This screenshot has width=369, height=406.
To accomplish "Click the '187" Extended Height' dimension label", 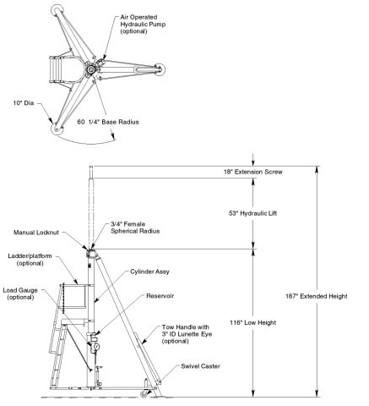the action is click(317, 296).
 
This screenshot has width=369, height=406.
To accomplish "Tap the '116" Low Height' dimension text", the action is click(252, 323).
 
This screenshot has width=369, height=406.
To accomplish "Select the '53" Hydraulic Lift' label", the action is click(252, 213).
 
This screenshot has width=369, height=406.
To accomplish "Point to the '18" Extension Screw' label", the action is click(253, 172).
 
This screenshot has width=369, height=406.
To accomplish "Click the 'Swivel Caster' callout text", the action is click(200, 366).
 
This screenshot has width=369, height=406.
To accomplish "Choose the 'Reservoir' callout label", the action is click(160, 296).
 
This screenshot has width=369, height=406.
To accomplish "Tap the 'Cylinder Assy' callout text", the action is click(149, 272).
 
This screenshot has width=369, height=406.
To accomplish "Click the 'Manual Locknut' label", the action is click(36, 233).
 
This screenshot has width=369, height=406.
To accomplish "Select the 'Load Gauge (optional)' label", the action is click(20, 294).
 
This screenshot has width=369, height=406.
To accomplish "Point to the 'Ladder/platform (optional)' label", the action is click(30, 260).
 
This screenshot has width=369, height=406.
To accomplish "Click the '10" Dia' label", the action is click(24, 103).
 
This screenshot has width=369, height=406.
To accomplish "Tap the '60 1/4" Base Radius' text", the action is click(108, 122).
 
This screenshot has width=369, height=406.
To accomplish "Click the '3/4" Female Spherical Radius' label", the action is click(135, 228).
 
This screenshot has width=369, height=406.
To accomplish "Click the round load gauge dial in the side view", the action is click(95, 346).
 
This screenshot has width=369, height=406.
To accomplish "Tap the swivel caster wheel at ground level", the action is click(144, 394).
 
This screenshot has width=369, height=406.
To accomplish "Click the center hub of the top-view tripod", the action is click(90, 69).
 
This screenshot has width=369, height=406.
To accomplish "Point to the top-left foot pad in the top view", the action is click(57, 10).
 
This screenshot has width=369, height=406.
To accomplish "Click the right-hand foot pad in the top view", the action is click(160, 69).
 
